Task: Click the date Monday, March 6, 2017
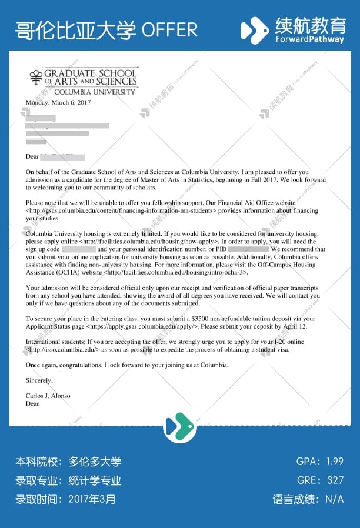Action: (58, 102)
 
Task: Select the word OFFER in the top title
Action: (170, 29)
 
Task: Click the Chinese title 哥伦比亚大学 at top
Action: (75, 29)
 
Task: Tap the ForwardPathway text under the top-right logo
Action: (310, 39)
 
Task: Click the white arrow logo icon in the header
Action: (255, 30)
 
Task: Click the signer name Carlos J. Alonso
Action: (48, 396)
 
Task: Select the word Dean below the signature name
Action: (33, 404)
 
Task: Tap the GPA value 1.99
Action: (335, 461)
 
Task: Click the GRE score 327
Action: (335, 480)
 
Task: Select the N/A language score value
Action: (334, 500)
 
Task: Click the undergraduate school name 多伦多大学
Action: (95, 462)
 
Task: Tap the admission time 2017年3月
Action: (92, 500)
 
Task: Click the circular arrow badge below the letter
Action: (179, 425)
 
